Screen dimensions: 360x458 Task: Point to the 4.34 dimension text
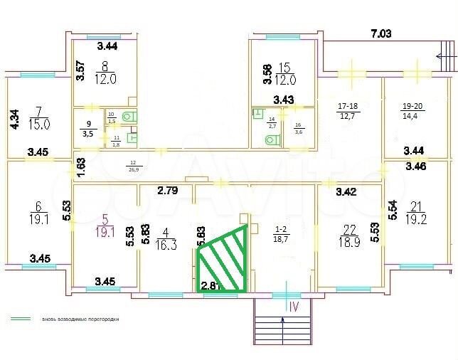point(12,118)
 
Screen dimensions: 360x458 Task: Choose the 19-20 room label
point(415,110)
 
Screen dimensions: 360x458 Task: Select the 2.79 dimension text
point(168,190)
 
